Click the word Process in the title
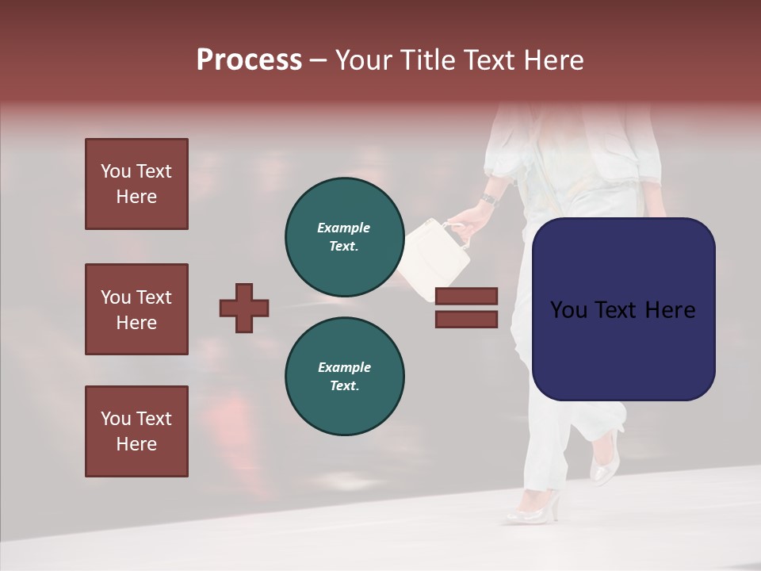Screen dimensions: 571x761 (x=249, y=60)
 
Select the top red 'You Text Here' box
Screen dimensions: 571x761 (x=136, y=184)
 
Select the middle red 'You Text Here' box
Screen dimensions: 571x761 (x=136, y=309)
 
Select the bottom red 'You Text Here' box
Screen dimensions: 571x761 (x=136, y=431)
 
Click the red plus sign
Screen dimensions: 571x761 (x=244, y=308)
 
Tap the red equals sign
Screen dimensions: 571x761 (x=466, y=308)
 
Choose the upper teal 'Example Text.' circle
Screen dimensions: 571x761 (x=344, y=236)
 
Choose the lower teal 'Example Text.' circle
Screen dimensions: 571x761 (x=344, y=376)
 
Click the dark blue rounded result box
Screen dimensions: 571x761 (x=623, y=308)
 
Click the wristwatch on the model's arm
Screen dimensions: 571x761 (x=489, y=198)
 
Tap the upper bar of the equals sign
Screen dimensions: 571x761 (x=466, y=296)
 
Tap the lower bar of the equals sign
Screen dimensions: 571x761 (x=466, y=320)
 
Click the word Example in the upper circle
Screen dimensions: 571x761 (x=344, y=228)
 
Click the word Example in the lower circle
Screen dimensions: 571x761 (x=344, y=367)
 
